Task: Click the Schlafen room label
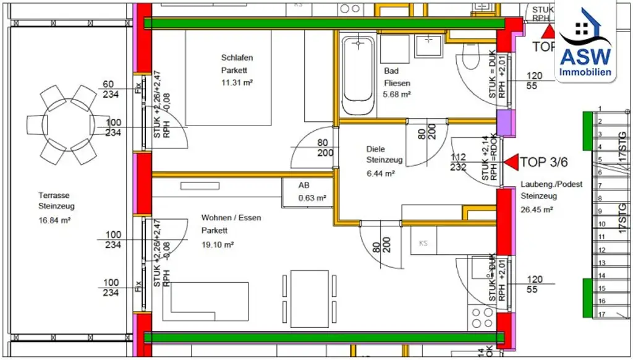[237, 58]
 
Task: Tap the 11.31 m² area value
[238, 82]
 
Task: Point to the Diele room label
[376, 149]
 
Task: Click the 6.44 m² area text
[381, 174]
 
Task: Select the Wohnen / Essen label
[231, 218]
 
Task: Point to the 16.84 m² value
[54, 219]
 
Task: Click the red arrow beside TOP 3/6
[511, 163]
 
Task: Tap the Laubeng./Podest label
[551, 184]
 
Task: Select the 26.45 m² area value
[538, 209]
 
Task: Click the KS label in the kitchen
[423, 242]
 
